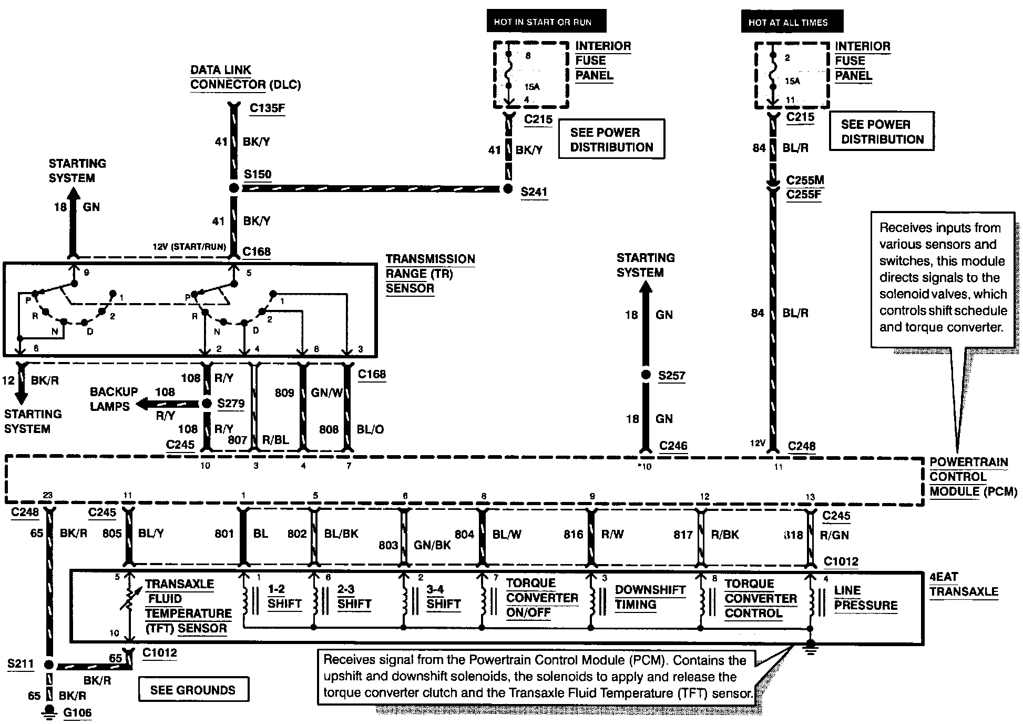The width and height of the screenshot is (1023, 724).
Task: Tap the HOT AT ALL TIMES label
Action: pos(788,22)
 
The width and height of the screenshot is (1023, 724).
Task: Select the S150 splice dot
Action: pos(234,188)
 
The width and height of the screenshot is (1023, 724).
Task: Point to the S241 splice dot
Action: pos(507,189)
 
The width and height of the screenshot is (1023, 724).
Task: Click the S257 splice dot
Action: pos(646,375)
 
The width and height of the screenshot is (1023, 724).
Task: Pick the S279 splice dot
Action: pos(207,404)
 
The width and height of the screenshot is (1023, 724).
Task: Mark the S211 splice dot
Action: pos(48,665)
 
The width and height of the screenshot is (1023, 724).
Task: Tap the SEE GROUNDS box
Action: pos(193,690)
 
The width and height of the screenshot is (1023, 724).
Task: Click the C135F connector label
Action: pos(267,108)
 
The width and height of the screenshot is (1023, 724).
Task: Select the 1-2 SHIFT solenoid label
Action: pos(284,597)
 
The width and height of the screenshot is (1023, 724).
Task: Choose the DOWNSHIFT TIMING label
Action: pos(650,597)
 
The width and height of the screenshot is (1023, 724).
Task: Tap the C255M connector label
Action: pos(805,180)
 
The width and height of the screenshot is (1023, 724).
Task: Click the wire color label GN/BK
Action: pos(432,545)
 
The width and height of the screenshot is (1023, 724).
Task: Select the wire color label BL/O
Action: pos(370,429)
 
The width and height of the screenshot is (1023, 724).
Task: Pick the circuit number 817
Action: pos(683,535)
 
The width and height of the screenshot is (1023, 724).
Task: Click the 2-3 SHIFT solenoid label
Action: pos(354,597)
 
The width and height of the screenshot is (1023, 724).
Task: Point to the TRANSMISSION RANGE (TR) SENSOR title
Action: pos(430,274)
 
